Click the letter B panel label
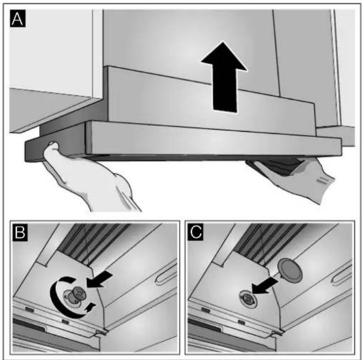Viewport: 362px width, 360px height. tap(20, 232)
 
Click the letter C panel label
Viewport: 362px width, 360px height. tap(195, 232)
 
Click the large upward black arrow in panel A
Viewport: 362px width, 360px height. tap(224, 77)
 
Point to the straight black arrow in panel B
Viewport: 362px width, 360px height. tap(100, 279)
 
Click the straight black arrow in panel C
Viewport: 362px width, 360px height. tap(265, 285)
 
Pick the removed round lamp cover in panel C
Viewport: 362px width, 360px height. tap(290, 270)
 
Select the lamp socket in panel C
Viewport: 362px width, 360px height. tap(248, 299)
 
